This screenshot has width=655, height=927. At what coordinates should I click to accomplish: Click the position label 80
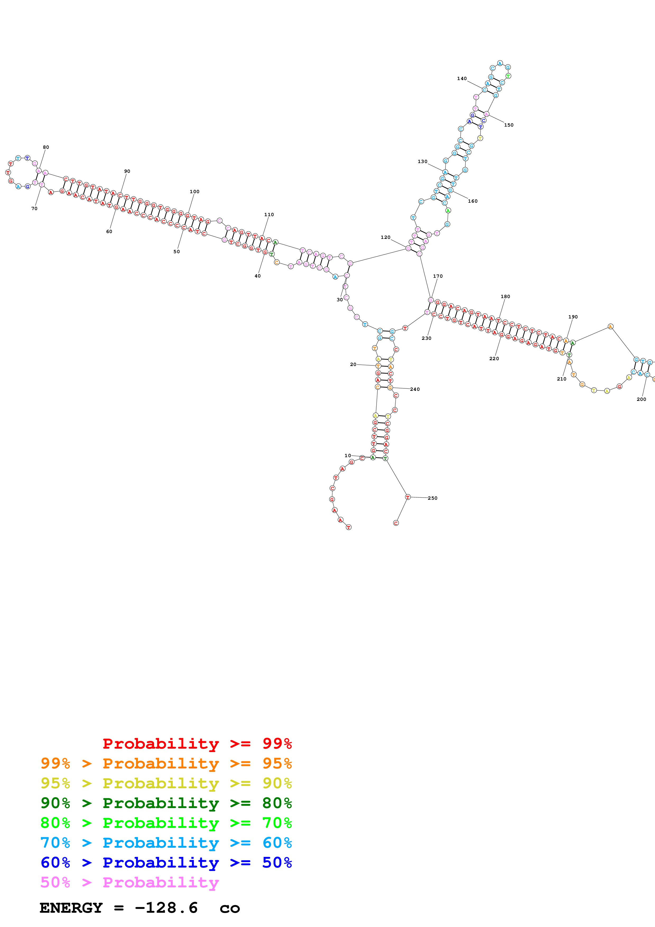[x=46, y=147]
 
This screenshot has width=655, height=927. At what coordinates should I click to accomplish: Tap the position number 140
[x=462, y=79]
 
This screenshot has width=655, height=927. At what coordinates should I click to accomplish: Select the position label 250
[x=432, y=498]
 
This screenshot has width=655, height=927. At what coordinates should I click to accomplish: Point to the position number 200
[x=641, y=399]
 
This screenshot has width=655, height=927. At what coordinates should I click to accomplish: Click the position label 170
[x=438, y=276]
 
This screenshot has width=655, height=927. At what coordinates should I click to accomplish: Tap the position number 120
[x=385, y=237]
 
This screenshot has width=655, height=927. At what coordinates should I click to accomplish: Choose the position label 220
[x=494, y=359]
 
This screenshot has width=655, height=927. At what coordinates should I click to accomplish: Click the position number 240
[x=415, y=389]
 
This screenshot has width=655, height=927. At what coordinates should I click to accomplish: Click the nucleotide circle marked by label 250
[x=408, y=497]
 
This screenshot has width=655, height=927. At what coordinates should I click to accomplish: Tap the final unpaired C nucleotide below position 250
[x=396, y=523]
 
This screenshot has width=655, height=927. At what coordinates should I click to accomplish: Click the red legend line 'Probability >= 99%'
[x=197, y=743]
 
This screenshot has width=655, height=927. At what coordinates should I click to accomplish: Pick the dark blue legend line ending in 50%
[x=166, y=863]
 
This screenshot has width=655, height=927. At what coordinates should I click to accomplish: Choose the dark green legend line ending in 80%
[x=166, y=803]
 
